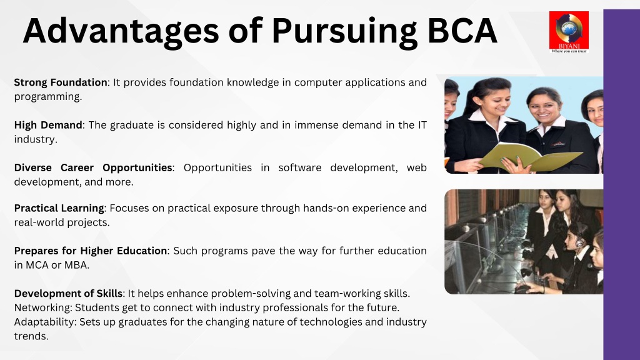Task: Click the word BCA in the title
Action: pos(462,31)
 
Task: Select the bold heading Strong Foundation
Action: pos(61,82)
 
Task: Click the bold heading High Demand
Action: pos(48,125)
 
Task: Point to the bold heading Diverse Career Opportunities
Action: pos(93,167)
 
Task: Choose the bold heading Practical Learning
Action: pos(59,208)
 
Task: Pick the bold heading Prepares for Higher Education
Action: pos(91,251)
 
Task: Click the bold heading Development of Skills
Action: pos(68,294)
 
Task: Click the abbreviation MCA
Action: pos(37,265)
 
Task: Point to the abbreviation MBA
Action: pos(75,265)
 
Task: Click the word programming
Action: pos(47,97)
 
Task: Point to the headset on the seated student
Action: pos(579,242)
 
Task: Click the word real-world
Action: pos(39,222)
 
